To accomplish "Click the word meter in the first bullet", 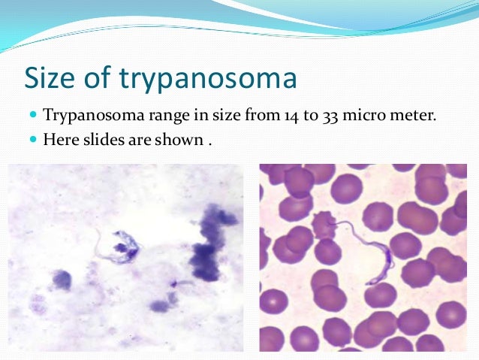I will point(413,116).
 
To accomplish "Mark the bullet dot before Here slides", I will point(32,138).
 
